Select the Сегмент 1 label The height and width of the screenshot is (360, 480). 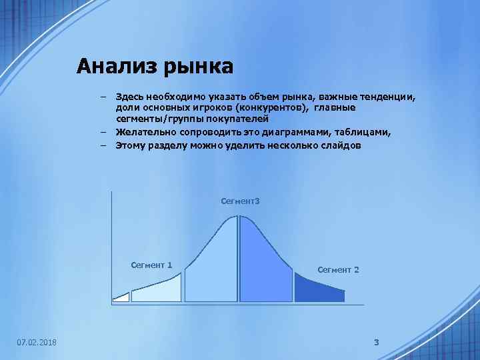point(151,265)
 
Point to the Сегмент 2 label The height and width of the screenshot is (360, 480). point(338,269)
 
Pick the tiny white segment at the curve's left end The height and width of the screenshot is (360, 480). point(121,297)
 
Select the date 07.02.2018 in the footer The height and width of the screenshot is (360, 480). point(37,342)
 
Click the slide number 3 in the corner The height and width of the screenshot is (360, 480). point(376,342)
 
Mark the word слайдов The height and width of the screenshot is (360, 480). point(341,144)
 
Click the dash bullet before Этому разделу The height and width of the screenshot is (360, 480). point(105,144)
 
